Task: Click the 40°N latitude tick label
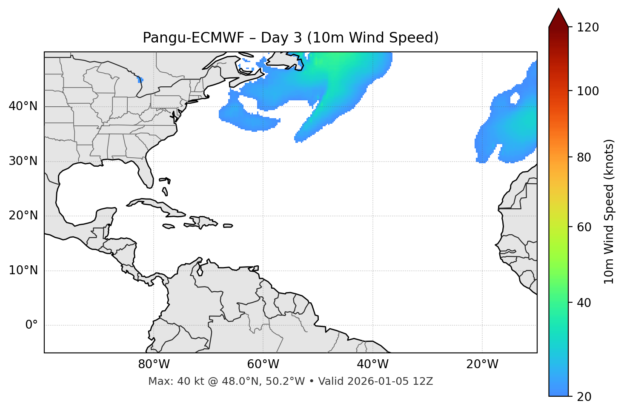[x=23, y=106]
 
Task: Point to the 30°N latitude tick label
[x=23, y=161]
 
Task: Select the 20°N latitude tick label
[x=23, y=216]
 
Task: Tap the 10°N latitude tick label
[x=23, y=270]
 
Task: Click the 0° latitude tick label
[x=31, y=325]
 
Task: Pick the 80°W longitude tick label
[x=154, y=364]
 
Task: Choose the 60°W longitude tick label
[x=263, y=364]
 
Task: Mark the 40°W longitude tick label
[x=372, y=364]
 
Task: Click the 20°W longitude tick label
[x=482, y=364]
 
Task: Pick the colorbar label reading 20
[x=584, y=397]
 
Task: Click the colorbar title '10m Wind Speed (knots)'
[x=610, y=212]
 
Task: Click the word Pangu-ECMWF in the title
[x=193, y=38]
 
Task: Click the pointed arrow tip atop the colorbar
[x=558, y=10]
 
